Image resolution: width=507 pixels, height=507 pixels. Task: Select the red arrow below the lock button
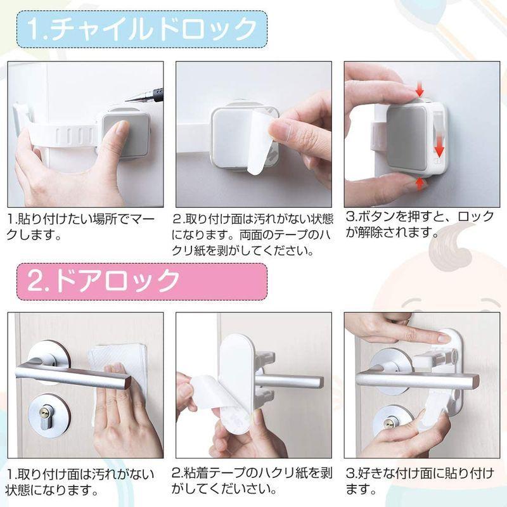pos(419,183)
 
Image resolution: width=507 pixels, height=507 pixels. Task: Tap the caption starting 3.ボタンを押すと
pos(419,225)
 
